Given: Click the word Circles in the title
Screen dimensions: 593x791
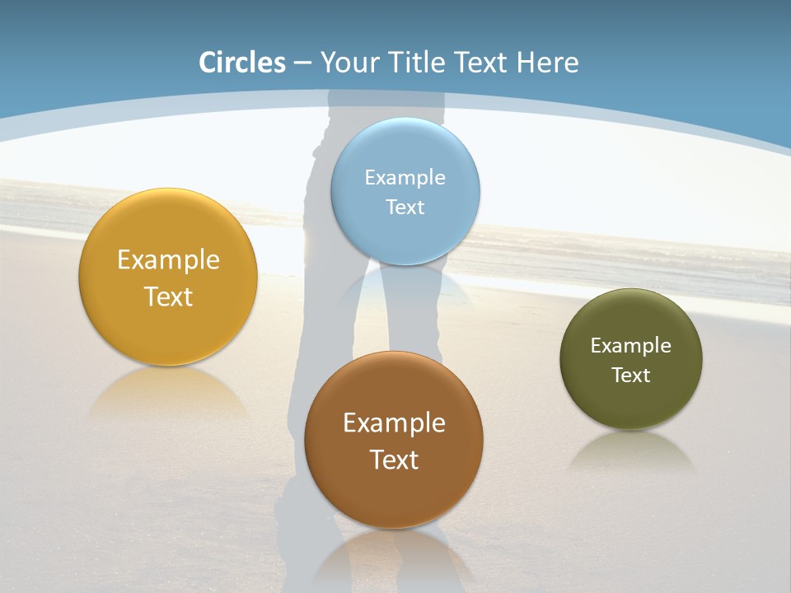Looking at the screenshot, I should [x=242, y=63].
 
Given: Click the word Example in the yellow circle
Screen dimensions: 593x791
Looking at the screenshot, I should [x=168, y=259].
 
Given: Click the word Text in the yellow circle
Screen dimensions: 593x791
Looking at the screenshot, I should [x=168, y=296].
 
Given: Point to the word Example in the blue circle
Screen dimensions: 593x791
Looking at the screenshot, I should [x=405, y=177].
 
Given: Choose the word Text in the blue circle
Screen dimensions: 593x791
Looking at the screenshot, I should [x=405, y=207].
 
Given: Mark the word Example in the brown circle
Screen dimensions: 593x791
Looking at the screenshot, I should [x=394, y=423].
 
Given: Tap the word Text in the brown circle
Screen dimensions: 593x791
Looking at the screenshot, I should [x=394, y=460].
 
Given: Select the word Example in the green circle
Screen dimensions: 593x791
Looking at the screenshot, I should [x=631, y=345].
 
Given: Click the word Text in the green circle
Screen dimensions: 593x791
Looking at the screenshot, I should [x=631, y=375].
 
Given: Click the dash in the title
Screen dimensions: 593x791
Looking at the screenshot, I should [x=302, y=63].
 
